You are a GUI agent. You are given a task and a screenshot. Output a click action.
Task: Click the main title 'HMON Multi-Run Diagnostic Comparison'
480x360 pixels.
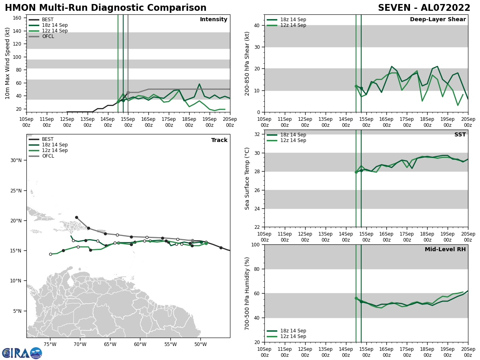(106, 8)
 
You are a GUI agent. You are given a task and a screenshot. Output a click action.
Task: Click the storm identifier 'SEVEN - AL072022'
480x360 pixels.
(424, 8)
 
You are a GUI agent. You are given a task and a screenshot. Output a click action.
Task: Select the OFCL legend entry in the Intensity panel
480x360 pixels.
(48, 36)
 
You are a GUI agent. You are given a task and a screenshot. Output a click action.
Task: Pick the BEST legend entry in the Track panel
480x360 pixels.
(48, 139)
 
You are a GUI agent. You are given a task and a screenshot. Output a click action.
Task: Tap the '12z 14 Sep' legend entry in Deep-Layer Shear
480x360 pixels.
(293, 25)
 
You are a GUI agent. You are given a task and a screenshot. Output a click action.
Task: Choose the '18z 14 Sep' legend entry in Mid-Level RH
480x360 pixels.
(293, 331)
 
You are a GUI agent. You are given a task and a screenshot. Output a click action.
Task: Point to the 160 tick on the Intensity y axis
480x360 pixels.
(18, 18)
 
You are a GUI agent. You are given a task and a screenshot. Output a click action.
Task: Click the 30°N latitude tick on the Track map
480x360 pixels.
(16, 160)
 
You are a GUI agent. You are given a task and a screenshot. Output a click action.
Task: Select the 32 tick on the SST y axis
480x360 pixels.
(257, 134)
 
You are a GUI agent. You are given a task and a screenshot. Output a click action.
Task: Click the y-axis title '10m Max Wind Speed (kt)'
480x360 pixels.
(8, 63)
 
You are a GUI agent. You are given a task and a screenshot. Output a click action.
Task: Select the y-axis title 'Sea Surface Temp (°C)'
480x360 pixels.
(247, 178)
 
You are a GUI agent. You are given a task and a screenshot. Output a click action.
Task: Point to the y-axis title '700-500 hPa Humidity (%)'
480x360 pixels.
(247, 293)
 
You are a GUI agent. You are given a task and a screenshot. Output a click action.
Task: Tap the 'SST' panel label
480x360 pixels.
(460, 135)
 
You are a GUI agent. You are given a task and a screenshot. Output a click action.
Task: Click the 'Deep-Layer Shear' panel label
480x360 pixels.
(438, 20)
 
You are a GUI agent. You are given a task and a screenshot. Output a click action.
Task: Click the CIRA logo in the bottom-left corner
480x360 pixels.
(22, 353)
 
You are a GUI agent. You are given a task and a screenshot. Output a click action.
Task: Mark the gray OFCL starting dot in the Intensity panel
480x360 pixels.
(128, 92)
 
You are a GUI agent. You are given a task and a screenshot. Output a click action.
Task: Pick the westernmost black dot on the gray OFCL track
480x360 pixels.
(76, 217)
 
